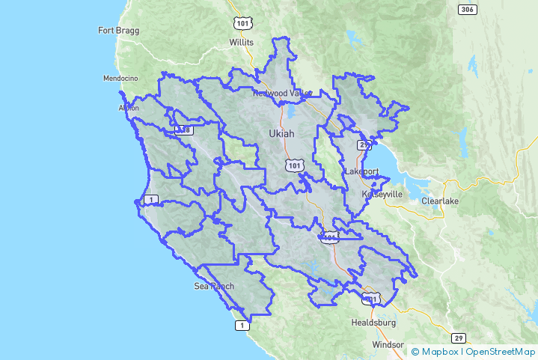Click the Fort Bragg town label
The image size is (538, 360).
click(x=119, y=31)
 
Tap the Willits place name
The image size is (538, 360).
click(x=242, y=43)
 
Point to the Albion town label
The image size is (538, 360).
click(x=129, y=108)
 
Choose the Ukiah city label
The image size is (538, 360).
click(x=281, y=133)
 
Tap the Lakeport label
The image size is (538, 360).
click(x=362, y=171)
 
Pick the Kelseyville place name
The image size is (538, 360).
click(x=382, y=194)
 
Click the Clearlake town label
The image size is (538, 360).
click(x=438, y=201)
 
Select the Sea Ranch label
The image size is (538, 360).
click(x=214, y=286)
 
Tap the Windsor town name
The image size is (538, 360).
click(x=387, y=345)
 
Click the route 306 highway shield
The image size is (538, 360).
click(x=468, y=9)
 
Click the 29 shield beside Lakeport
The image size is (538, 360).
click(x=364, y=145)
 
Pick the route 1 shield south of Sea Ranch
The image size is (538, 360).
click(x=241, y=325)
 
